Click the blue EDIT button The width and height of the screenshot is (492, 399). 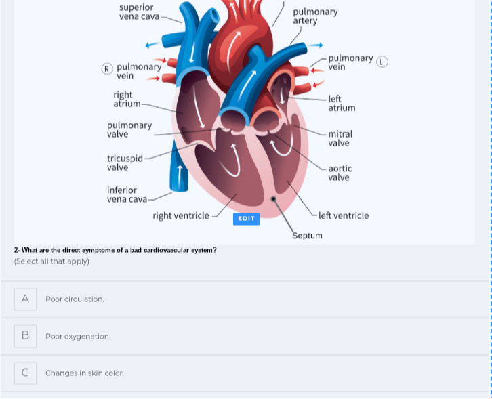pyautogui.click(x=246, y=218)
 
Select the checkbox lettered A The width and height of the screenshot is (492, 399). pyautogui.click(x=25, y=299)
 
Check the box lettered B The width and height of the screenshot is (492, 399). pyautogui.click(x=25, y=336)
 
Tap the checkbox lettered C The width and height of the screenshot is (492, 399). pyautogui.click(x=25, y=373)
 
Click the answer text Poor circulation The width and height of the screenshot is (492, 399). pyautogui.click(x=75, y=299)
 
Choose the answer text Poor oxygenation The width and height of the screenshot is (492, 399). pyautogui.click(x=78, y=337)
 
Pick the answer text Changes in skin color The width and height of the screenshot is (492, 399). pyautogui.click(x=85, y=373)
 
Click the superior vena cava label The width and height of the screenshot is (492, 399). pyautogui.click(x=139, y=12)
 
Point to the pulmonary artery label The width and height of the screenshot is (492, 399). pyautogui.click(x=315, y=16)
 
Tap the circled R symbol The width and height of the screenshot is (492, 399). pyautogui.click(x=106, y=68)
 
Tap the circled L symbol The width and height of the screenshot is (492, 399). pyautogui.click(x=382, y=62)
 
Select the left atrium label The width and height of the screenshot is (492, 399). pyautogui.click(x=342, y=103)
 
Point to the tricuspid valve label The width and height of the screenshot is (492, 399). pyautogui.click(x=125, y=163)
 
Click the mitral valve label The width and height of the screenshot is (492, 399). pyautogui.click(x=340, y=139)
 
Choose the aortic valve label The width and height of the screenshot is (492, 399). pyautogui.click(x=340, y=173)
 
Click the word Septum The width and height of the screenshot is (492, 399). pyautogui.click(x=307, y=236)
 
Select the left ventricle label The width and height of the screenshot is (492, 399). pyautogui.click(x=344, y=215)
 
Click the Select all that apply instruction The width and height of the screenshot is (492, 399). pyautogui.click(x=52, y=261)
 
